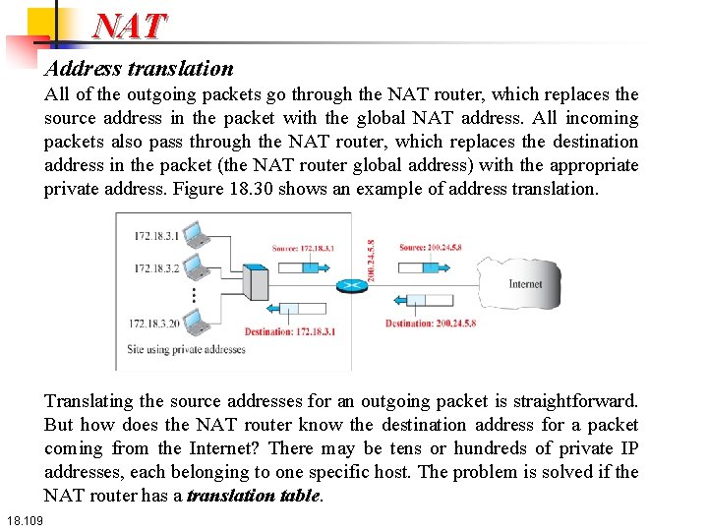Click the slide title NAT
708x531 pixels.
(131, 26)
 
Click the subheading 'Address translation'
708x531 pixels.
(139, 69)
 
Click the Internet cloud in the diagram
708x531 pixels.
(522, 285)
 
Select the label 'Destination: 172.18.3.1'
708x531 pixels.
(289, 331)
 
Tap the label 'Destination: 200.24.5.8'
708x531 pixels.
(431, 324)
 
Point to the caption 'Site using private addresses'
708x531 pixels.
(186, 349)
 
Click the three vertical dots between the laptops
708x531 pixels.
(194, 294)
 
